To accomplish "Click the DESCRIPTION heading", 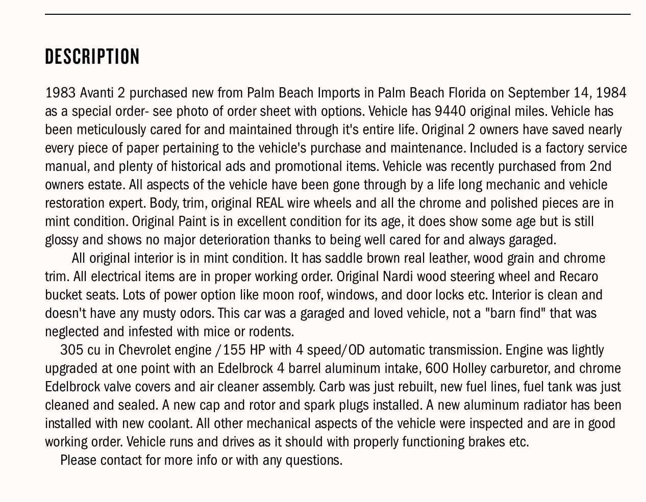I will click(92, 57).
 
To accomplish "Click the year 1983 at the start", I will click(60, 93).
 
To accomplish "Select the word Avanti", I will click(97, 93).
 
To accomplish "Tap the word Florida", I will click(467, 93).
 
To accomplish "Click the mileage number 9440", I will click(450, 111).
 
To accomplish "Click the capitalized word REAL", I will click(269, 203).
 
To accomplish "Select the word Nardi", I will click(397, 277).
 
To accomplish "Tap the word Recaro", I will click(578, 277).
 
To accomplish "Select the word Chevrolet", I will click(144, 350).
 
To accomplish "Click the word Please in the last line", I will click(78, 460).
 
